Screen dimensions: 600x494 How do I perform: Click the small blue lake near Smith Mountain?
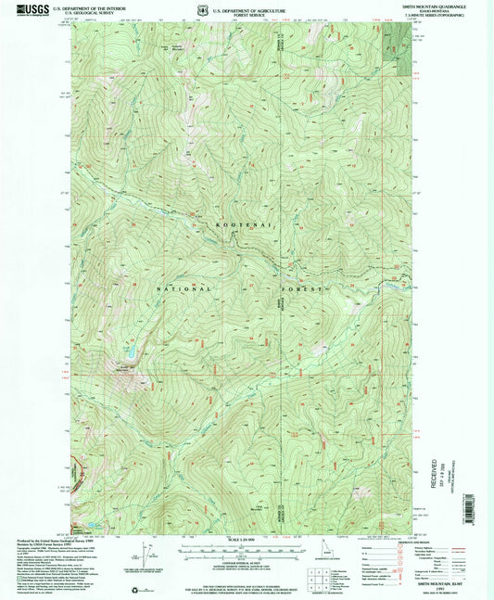[x=133, y=352]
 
